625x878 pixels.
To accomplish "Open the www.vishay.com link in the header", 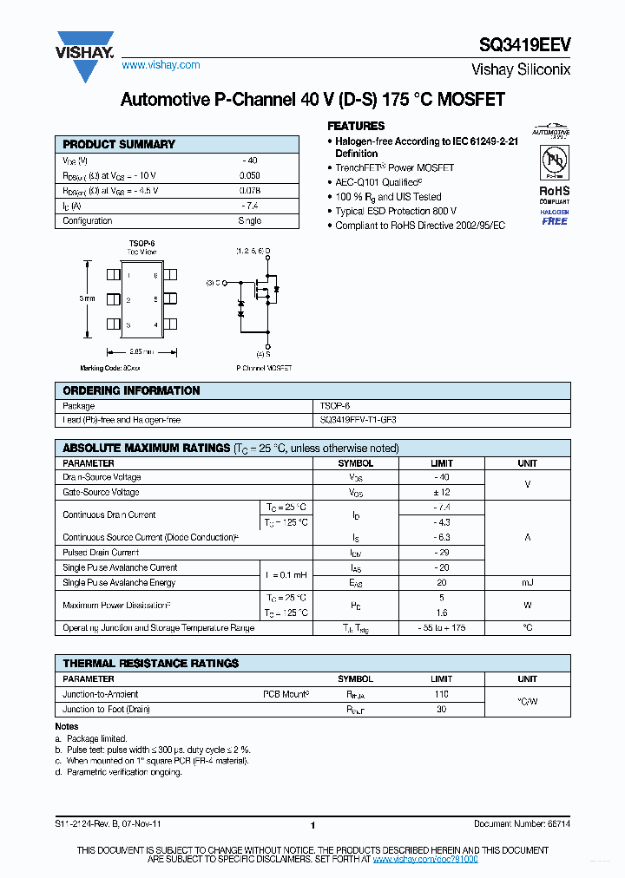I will pos(161,65).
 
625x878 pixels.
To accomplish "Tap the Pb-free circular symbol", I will pos(554,162).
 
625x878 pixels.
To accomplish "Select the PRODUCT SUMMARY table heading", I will pos(119,144).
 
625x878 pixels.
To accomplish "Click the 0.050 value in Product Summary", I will pos(249,175).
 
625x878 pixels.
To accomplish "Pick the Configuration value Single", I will pos(249,220).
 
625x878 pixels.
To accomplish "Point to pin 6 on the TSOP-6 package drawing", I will pos(155,276).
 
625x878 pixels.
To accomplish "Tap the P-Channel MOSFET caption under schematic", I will pos(264,368).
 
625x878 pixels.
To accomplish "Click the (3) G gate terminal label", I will pos(214,283).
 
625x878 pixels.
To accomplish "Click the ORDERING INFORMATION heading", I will pos(131,390).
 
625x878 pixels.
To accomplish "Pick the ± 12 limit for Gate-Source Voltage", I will pos(441,492).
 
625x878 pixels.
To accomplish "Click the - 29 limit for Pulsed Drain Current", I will pos(441,553).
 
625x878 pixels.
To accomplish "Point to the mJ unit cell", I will pos(527,583).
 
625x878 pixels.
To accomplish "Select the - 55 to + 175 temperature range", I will pos(441,627).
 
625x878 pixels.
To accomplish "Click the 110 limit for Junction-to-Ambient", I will pos(441,694).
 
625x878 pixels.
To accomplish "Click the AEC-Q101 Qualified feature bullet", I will pos(378,182).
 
